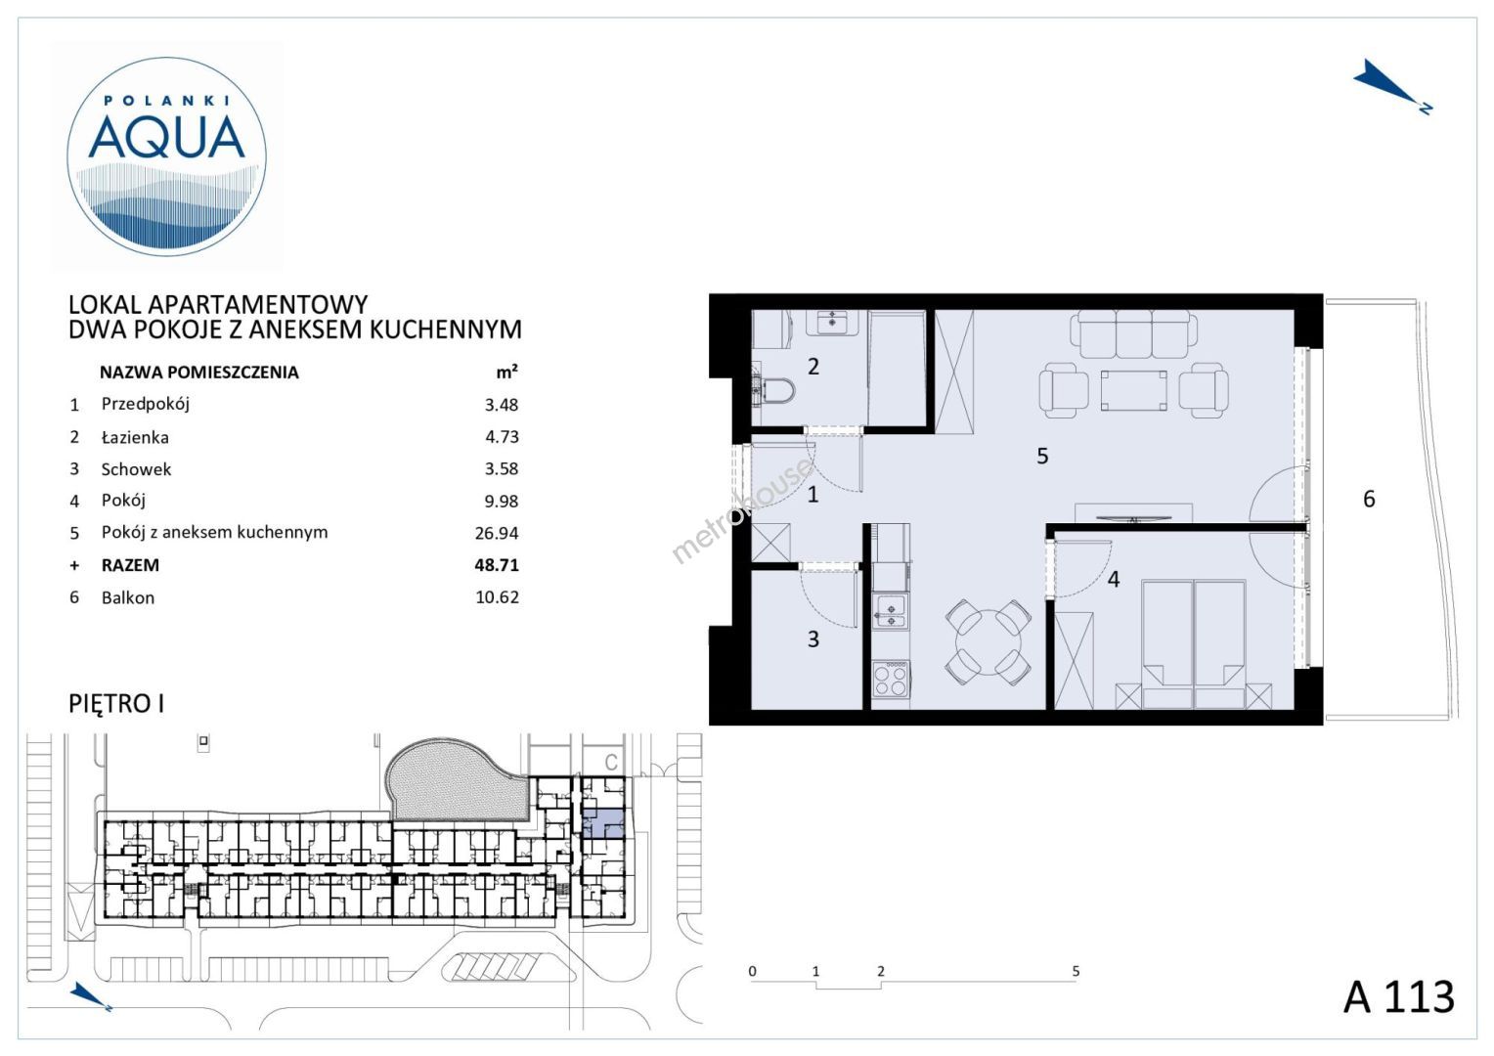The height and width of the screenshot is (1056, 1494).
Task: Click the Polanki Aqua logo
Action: (x=167, y=156)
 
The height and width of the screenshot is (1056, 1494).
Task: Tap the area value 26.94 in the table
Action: (x=497, y=533)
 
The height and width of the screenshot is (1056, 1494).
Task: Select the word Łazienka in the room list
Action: (x=135, y=437)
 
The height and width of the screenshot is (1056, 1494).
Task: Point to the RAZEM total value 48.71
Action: (x=497, y=565)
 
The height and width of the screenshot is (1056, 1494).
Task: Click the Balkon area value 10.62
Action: (x=497, y=597)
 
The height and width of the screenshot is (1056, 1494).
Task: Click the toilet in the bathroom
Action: (x=774, y=391)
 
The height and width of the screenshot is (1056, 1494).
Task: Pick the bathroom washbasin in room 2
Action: (x=832, y=322)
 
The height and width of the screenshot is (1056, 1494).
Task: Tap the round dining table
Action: (x=988, y=641)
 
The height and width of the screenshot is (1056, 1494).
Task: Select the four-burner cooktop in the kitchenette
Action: (x=891, y=680)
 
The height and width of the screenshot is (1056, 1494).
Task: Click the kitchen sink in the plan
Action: (x=891, y=612)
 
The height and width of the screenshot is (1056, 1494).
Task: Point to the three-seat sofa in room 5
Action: (x=1133, y=336)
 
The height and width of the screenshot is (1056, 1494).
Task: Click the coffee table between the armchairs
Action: (x=1133, y=390)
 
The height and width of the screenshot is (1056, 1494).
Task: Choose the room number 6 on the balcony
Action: (x=1369, y=499)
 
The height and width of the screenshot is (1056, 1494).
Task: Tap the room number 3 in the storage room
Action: (x=813, y=639)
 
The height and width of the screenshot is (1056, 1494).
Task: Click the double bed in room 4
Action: (x=1193, y=643)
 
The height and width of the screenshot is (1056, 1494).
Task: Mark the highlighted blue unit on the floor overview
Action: (x=603, y=823)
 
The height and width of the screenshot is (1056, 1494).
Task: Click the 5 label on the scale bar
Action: (x=1076, y=971)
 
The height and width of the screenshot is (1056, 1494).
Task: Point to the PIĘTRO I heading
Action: (x=116, y=704)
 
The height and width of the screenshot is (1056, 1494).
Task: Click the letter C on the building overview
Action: (x=610, y=761)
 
